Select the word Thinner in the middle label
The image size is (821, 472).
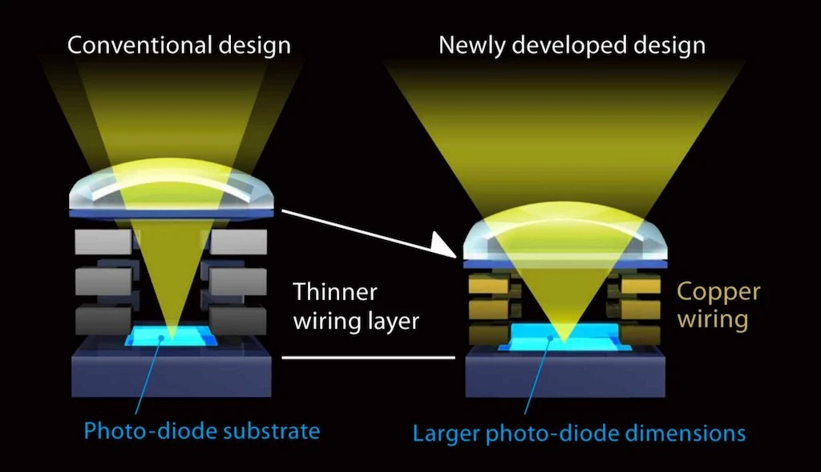[x=334, y=292]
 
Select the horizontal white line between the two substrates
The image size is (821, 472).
[x=369, y=358]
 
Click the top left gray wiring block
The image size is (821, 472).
[x=103, y=242]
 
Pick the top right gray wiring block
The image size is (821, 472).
[x=238, y=242]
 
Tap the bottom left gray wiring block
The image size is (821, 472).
[x=103, y=320]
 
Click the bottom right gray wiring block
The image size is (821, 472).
[x=238, y=320]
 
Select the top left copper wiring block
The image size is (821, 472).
[x=488, y=286]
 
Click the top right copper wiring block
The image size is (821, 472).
[x=641, y=286]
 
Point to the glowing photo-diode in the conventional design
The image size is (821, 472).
[x=171, y=336]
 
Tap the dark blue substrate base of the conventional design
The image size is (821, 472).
[x=172, y=370]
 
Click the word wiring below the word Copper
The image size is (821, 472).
[x=713, y=319]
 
